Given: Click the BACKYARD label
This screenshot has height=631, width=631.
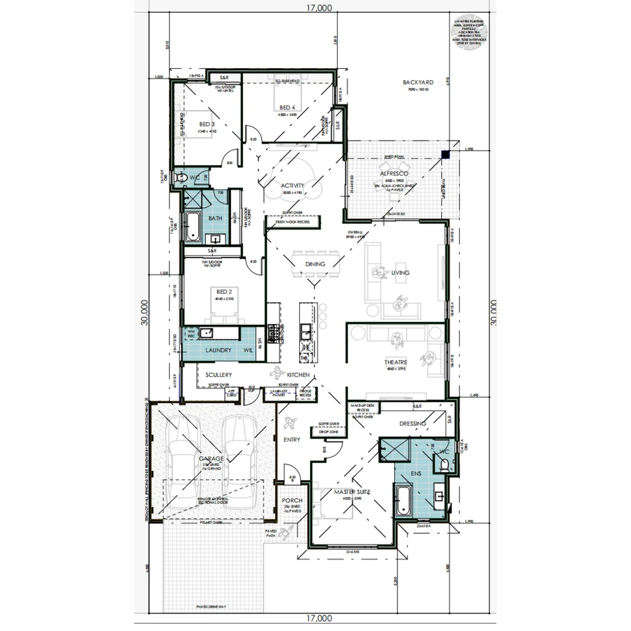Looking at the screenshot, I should (x=418, y=82).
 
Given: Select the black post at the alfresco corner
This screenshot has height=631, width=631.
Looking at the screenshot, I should (x=445, y=155).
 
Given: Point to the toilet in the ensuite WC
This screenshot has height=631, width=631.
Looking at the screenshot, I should (x=445, y=464).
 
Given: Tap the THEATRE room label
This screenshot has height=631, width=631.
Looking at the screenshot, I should (x=396, y=362).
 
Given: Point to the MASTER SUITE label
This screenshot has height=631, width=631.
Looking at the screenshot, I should (x=352, y=493).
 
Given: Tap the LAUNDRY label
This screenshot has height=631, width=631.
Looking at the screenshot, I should (x=218, y=350).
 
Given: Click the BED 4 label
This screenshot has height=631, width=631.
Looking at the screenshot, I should (x=287, y=108).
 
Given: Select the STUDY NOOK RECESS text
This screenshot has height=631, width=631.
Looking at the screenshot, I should (x=292, y=222).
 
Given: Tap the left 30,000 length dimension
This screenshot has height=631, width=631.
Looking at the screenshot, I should (x=144, y=313).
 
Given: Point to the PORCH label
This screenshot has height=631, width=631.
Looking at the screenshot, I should (x=292, y=501).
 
